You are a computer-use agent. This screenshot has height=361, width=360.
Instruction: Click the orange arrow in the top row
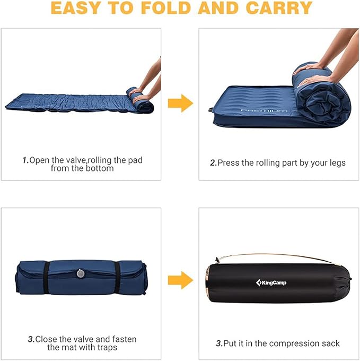click(180, 103)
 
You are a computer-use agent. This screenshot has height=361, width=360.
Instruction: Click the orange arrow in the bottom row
click(180, 279)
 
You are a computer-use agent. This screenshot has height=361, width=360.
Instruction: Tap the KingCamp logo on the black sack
click(271, 282)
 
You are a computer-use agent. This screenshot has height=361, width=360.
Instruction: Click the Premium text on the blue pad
click(264, 110)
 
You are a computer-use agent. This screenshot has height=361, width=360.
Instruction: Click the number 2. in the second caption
click(213, 163)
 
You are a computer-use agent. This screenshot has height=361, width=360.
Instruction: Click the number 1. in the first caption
click(25, 160)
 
